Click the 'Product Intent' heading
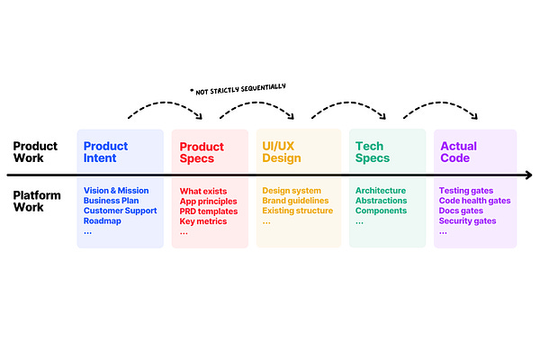click(105, 152)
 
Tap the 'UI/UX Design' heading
click(282, 152)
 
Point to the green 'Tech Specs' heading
click(373, 152)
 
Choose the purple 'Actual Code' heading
click(458, 152)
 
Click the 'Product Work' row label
click(34, 152)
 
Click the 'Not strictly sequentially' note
click(238, 87)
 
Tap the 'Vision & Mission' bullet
click(117, 191)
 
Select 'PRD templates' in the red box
click(208, 211)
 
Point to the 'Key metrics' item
click(203, 220)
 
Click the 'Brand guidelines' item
click(297, 201)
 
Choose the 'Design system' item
click(292, 191)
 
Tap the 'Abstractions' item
click(381, 201)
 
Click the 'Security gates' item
click(467, 220)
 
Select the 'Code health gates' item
click(473, 201)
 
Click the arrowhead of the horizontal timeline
click(528, 175)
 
